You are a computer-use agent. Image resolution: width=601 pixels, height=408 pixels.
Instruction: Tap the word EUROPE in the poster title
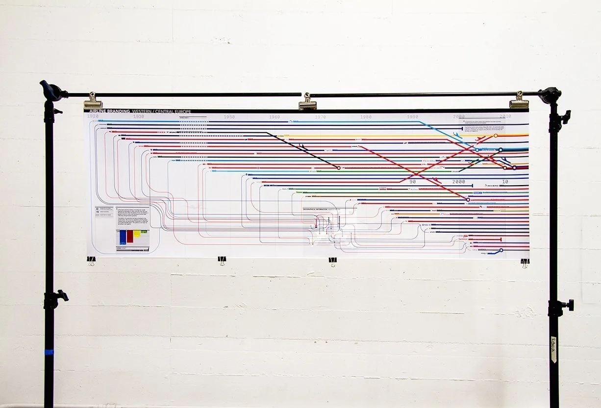pos(179,112)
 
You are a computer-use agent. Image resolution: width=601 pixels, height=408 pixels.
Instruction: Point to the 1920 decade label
pos(92,117)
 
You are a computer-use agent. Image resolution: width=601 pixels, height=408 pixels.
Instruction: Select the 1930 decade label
pos(139,117)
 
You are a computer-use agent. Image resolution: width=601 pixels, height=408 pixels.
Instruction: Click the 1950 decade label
pos(229,117)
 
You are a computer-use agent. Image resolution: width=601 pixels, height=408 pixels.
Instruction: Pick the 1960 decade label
pos(275,117)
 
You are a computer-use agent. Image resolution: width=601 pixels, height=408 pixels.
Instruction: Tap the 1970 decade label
pos(321,117)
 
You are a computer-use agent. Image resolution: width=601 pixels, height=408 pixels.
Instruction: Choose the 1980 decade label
pos(366,117)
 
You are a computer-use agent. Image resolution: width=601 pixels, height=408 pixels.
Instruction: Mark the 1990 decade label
pos(412,117)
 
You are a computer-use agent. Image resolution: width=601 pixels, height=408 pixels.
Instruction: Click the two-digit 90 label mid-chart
pos(412,181)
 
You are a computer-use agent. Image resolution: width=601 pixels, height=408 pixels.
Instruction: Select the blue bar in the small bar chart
pos(122,238)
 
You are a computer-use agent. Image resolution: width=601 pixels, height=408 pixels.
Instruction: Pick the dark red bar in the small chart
pos(130,236)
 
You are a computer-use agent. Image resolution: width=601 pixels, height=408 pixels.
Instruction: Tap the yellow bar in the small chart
pos(137,234)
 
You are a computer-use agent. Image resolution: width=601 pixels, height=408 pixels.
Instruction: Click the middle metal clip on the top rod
pos(307,101)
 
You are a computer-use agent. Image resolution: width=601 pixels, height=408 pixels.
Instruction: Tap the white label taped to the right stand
pos(554,348)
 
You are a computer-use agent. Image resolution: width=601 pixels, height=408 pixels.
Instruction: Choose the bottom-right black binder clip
pos(525,263)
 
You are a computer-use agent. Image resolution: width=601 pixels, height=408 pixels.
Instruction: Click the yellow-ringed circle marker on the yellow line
pos(495,136)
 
